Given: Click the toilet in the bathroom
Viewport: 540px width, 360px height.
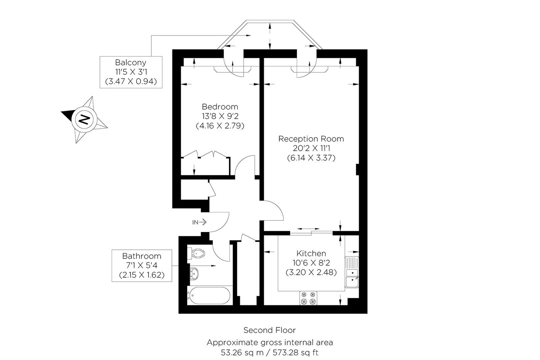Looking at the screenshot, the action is click(196, 253).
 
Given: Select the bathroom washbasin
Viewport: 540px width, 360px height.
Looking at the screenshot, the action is click(194, 274).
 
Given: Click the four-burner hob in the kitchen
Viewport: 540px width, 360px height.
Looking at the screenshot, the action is click(308, 298).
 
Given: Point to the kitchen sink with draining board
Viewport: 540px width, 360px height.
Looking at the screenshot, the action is click(352, 272).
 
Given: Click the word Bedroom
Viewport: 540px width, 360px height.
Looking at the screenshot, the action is click(220, 107).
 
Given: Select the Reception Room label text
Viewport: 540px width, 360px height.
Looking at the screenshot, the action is click(311, 139).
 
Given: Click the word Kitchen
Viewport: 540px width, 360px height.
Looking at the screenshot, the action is click(311, 253).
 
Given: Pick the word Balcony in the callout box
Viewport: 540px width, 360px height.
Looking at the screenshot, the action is click(131, 62).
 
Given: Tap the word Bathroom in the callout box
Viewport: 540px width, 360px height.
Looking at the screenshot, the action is click(142, 256).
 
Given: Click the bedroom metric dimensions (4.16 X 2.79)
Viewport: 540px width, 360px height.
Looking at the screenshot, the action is click(220, 126).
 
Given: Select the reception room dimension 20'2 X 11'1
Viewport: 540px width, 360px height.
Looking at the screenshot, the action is click(311, 148).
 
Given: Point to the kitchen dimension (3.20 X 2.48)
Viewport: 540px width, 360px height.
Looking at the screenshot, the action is click(311, 272).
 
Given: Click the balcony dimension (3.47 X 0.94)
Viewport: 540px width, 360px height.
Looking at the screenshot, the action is click(131, 81).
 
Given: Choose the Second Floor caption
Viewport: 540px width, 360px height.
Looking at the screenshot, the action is click(270, 330).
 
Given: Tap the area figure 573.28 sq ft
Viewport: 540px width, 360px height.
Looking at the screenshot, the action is click(296, 353).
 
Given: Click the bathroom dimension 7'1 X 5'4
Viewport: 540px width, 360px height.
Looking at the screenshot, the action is click(142, 265).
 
